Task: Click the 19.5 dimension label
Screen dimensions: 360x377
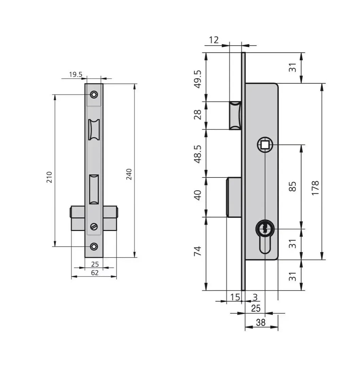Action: [76, 75]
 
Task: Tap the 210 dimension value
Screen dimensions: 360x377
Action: [49, 177]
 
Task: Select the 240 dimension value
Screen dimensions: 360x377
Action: [129, 174]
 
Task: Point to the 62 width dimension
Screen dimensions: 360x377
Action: [95, 273]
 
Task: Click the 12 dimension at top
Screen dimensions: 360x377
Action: [213, 40]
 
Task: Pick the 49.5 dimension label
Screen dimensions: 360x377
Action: [198, 79]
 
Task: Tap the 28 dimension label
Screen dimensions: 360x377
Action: [198, 115]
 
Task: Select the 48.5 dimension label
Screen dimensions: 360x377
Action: [198, 154]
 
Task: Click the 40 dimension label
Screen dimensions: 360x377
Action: [198, 195]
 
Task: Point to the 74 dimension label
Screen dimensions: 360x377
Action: [198, 251]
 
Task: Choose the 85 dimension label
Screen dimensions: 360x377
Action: [292, 186]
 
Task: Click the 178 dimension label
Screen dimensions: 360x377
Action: [315, 188]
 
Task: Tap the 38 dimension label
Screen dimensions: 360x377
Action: [261, 323]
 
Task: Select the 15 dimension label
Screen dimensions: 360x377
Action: [235, 297]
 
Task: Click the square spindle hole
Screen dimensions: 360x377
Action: [265, 145]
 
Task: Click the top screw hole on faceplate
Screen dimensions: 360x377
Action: [94, 94]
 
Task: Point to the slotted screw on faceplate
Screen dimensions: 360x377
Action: [94, 226]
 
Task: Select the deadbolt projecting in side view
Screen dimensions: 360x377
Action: [234, 197]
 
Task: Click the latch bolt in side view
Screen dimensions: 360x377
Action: [235, 115]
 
